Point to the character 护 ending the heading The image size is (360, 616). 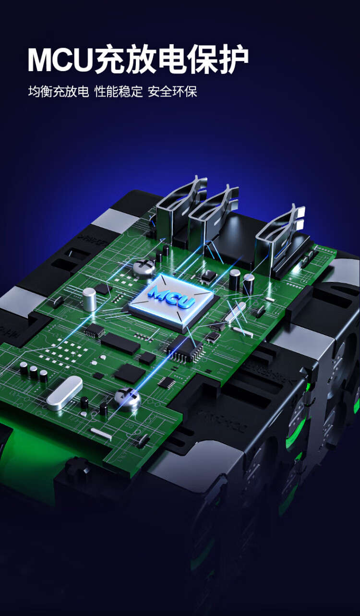[233, 60]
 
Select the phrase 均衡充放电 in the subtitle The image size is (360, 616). [59, 92]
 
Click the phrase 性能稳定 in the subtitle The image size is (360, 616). [119, 92]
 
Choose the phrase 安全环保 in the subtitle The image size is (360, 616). [172, 92]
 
